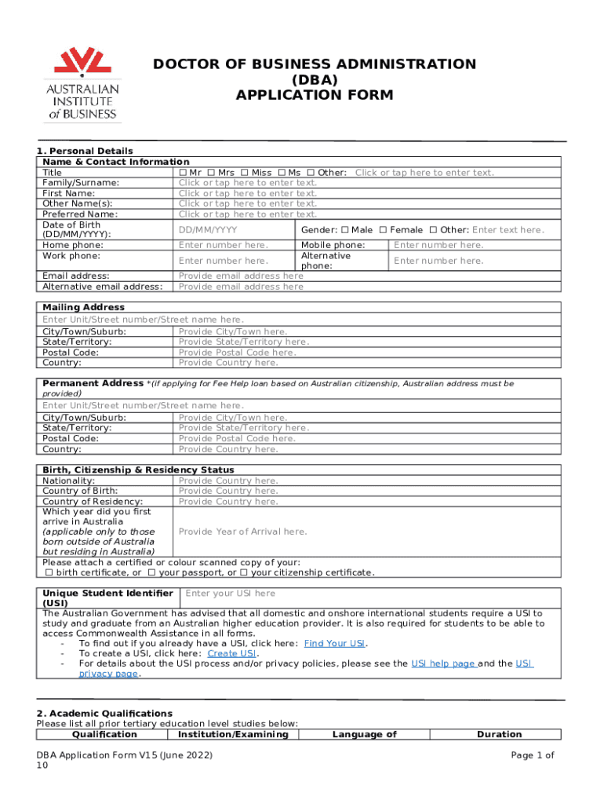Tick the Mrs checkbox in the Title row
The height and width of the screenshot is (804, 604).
[x=213, y=173]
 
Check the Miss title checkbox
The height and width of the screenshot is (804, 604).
[x=246, y=173]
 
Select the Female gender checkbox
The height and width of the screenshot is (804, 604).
[x=384, y=230]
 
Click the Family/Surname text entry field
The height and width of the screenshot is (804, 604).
[x=248, y=183]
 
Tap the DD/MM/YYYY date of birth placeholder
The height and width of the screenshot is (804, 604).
[x=208, y=230]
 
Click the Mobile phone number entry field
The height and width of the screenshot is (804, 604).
[x=438, y=245]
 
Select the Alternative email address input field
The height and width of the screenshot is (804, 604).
[x=241, y=287]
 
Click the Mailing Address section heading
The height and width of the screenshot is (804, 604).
[x=83, y=307]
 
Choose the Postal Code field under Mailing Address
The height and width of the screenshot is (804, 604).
[x=237, y=353]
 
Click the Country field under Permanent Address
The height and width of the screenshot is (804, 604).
[x=228, y=449]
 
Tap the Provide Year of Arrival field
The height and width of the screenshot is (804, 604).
[x=242, y=532]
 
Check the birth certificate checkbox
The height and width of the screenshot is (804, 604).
[x=49, y=572]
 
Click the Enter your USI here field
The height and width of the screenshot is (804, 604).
[x=231, y=594]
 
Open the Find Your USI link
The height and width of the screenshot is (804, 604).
[x=335, y=643]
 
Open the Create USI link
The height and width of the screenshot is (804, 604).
[x=232, y=653]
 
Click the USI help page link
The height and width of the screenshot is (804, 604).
[x=443, y=663]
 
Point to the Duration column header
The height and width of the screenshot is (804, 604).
[x=499, y=735]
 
